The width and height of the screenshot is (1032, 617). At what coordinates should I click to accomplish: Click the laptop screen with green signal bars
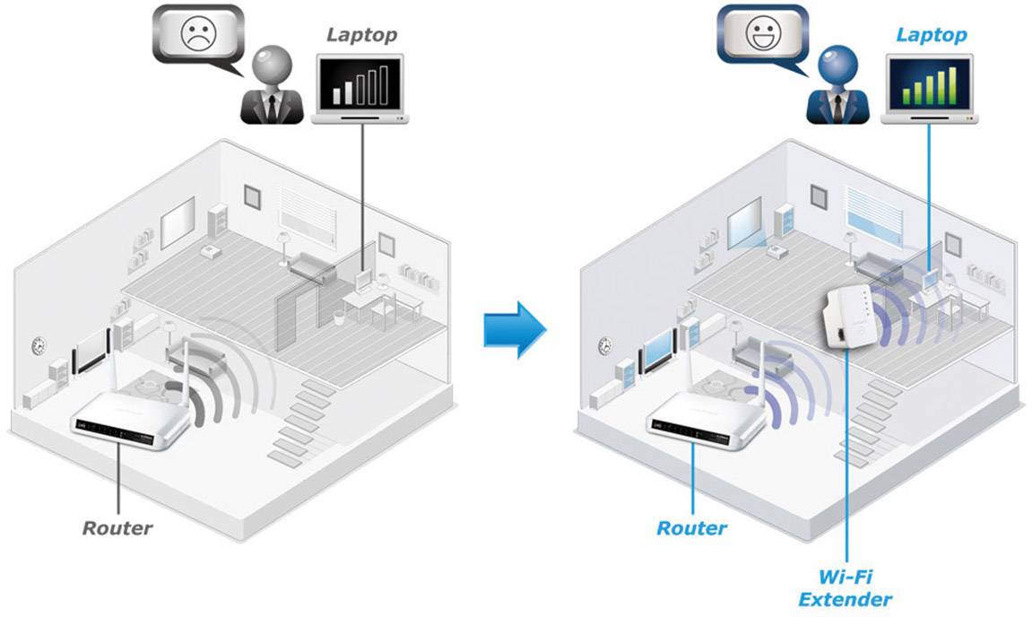click(x=929, y=83)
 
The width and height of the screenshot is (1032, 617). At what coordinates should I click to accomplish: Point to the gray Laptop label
click(x=360, y=34)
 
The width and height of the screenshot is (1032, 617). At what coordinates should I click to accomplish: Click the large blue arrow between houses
click(x=514, y=328)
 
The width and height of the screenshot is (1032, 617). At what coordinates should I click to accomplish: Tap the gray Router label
click(x=117, y=527)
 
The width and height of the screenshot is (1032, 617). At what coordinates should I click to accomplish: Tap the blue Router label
click(x=691, y=527)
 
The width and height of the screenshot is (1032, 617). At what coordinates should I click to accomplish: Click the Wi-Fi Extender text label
click(x=846, y=587)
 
